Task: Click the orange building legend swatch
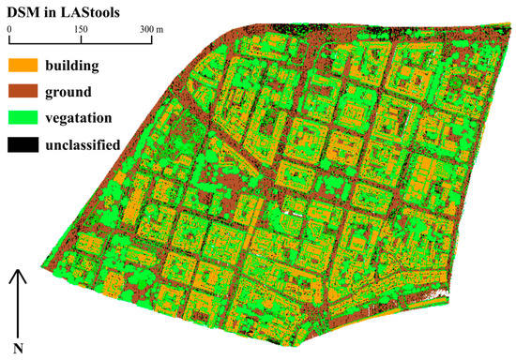point(27,67)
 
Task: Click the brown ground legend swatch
point(27,93)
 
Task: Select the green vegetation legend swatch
point(27,118)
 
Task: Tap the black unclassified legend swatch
point(27,144)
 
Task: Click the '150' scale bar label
point(81,29)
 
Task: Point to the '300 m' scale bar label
point(150,29)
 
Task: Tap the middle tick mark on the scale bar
point(81,40)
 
